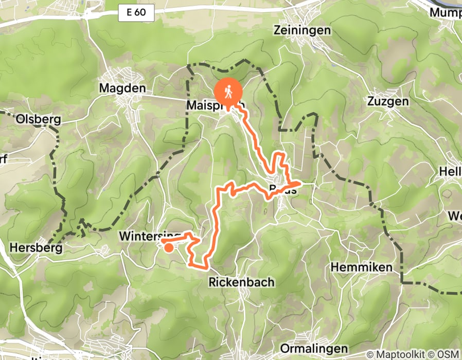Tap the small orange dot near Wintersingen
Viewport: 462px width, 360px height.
coord(169,248)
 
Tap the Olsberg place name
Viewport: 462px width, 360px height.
coord(39,120)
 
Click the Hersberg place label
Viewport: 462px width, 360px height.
coord(36,248)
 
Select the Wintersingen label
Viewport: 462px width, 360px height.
coord(149,236)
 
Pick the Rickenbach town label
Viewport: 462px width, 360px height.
coord(241,282)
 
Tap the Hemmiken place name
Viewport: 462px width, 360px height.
coord(362,267)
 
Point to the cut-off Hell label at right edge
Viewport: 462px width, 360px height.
coord(451,171)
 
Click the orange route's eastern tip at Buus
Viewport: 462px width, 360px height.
coord(299,183)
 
